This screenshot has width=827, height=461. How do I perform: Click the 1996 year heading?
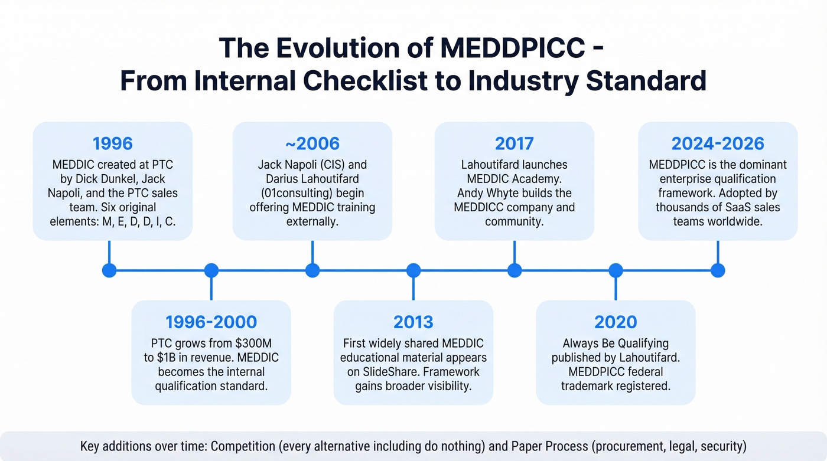pos(112,143)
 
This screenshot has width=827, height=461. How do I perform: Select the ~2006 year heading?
pos(312,143)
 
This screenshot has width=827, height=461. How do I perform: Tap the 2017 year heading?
pos(514,143)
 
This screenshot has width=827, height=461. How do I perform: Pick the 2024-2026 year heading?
pos(718,143)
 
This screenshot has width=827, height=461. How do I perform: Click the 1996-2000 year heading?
pos(211,322)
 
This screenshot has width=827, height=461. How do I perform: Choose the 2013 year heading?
pos(413,322)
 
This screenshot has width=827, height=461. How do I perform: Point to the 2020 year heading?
pos(616,322)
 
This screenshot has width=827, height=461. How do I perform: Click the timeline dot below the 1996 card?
pos(109,270)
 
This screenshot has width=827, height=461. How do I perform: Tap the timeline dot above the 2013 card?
pos(413,270)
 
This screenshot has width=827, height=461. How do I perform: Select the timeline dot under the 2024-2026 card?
pos(718,270)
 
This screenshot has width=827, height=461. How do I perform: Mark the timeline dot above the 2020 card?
pos(616,270)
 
